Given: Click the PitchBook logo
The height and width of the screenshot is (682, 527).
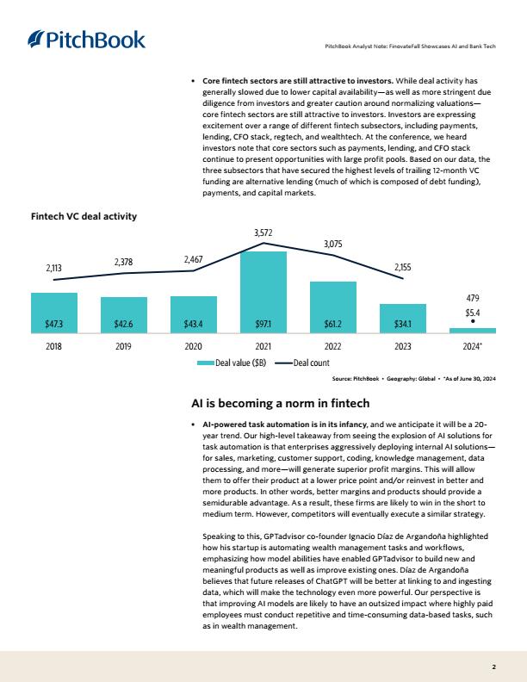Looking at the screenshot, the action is tap(86, 40).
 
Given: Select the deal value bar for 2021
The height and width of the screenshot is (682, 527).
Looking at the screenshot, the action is tap(263, 292).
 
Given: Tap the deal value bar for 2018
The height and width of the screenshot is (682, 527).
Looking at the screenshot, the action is tap(54, 313).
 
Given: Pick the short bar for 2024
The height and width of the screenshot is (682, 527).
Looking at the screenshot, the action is tap(473, 331).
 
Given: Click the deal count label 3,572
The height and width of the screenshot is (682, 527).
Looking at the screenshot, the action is tap(263, 232).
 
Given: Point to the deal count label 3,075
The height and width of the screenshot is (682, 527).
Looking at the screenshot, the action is tap(332, 244).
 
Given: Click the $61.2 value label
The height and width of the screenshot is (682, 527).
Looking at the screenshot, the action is tap(332, 324).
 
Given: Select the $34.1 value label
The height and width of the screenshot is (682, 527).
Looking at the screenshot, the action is tap(403, 324).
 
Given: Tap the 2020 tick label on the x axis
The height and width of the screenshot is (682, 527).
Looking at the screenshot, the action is tap(193, 347).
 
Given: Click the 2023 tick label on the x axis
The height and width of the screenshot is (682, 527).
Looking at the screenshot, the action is tap(403, 347).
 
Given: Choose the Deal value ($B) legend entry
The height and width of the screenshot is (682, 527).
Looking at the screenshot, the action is tap(232, 363).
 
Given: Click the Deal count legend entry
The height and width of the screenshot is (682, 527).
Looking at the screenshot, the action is tap(302, 363).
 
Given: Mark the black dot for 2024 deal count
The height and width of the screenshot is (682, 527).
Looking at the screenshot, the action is tap(473, 321).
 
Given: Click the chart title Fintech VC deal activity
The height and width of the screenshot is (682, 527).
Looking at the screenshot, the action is tap(84, 216).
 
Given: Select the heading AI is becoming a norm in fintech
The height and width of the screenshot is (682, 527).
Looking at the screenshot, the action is tap(281, 403).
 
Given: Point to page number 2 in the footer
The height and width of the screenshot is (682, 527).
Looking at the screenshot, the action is tap(494, 666).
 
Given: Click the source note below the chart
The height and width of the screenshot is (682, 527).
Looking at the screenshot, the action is tap(414, 378).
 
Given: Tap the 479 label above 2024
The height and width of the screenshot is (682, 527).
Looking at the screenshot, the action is tap(473, 298).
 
